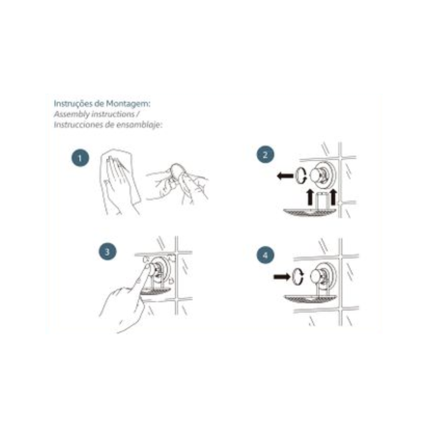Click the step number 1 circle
80,158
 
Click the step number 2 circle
265,155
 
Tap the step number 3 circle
107,251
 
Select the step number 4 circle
265,255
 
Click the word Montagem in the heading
128,104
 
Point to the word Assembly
72,114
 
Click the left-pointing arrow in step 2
285,175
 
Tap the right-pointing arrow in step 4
282,277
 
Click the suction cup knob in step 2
317,175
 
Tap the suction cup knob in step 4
318,276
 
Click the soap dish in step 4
310,299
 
